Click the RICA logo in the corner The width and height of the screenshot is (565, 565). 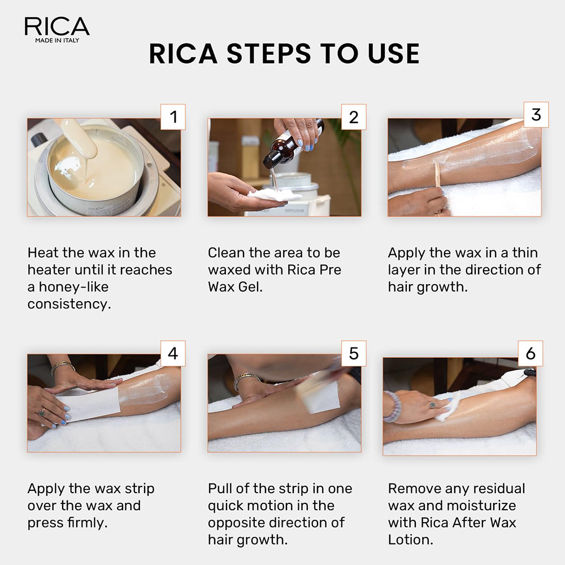pos(56,29)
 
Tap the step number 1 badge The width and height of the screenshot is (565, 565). pos(173,117)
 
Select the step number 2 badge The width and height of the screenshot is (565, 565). pos(354,117)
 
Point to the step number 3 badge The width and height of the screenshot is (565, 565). pos(536,115)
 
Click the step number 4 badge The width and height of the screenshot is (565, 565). pos(173,353)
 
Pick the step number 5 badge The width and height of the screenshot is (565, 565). pos(354,353)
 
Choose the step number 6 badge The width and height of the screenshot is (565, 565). pos(531,353)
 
